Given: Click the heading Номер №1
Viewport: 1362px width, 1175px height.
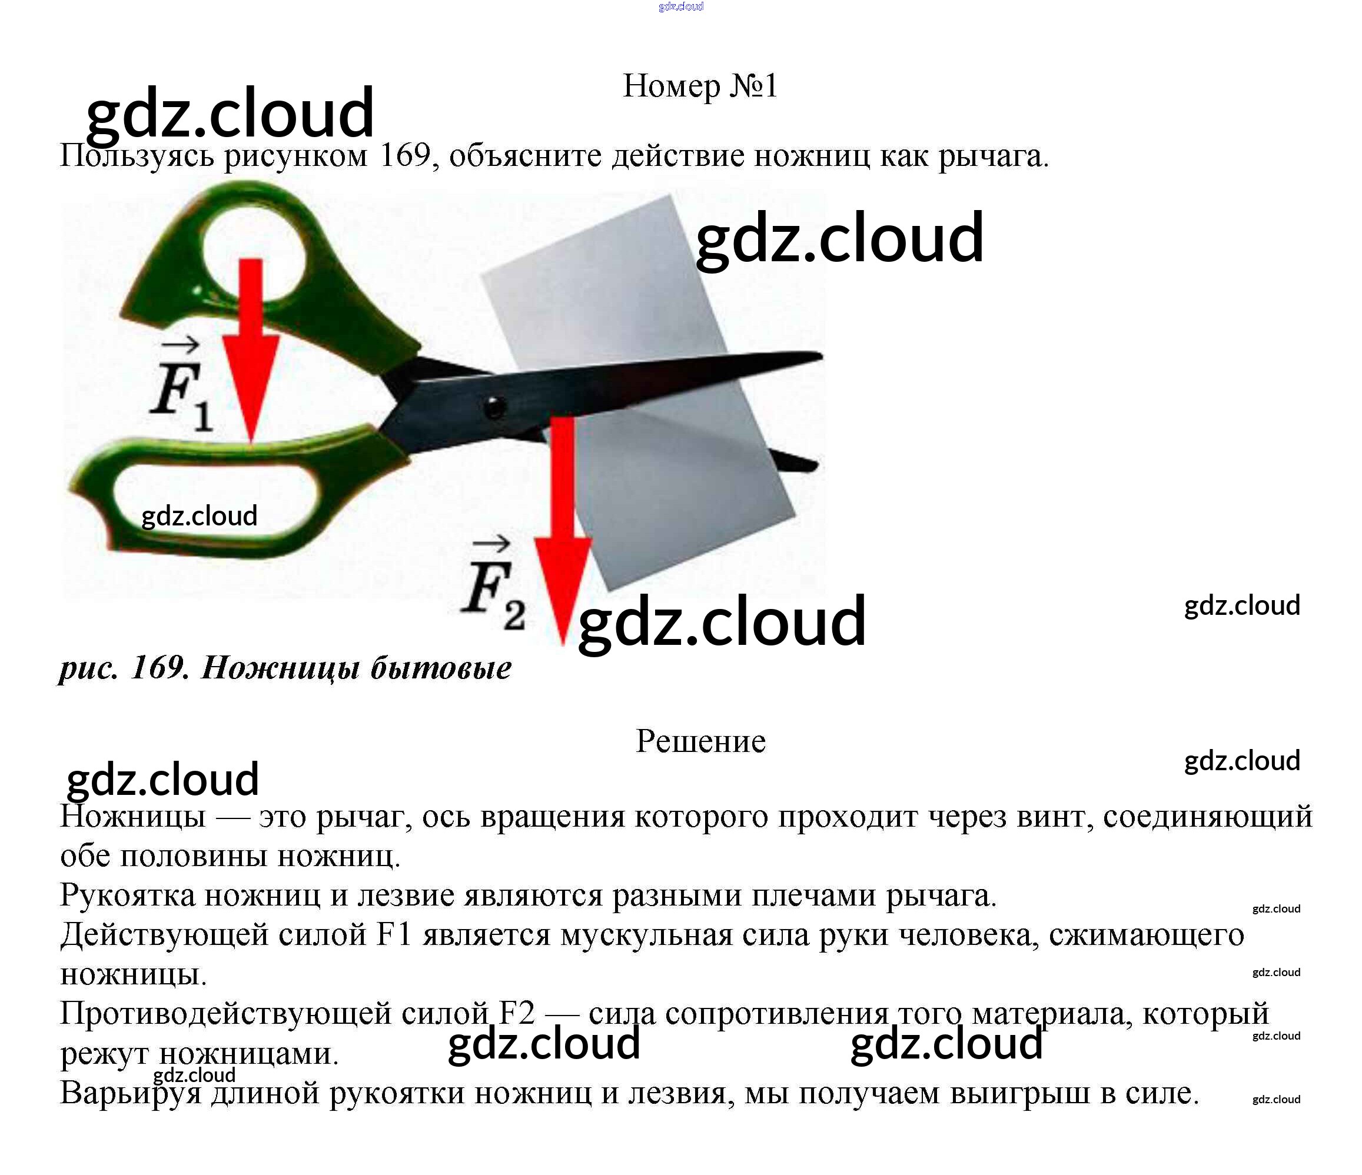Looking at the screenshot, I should pyautogui.click(x=699, y=86).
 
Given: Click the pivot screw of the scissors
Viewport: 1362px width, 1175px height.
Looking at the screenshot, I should pyautogui.click(x=494, y=406).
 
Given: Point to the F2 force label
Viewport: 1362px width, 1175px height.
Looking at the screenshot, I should pyautogui.click(x=493, y=588).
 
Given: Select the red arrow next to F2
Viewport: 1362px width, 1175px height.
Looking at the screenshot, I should pyautogui.click(x=562, y=526).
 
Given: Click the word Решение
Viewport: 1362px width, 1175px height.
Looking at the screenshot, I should pyautogui.click(x=700, y=742).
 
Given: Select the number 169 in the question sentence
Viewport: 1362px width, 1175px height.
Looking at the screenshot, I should pyautogui.click(x=405, y=157).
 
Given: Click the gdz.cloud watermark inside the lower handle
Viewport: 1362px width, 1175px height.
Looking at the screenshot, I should pyautogui.click(x=199, y=517).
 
